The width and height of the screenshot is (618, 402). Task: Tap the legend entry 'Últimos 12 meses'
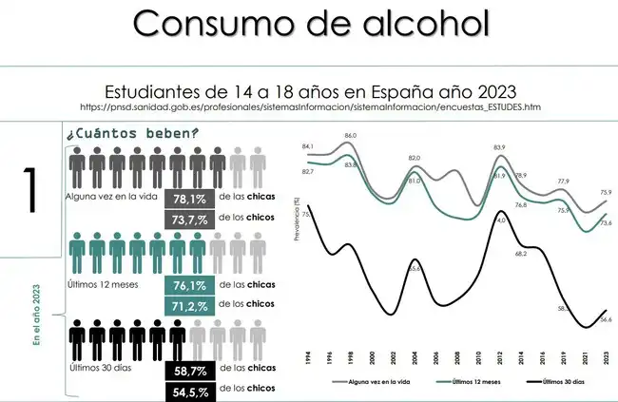coord(461,381)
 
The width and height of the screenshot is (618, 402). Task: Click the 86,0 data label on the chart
coord(350,136)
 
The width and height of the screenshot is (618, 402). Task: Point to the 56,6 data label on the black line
coord(606,320)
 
